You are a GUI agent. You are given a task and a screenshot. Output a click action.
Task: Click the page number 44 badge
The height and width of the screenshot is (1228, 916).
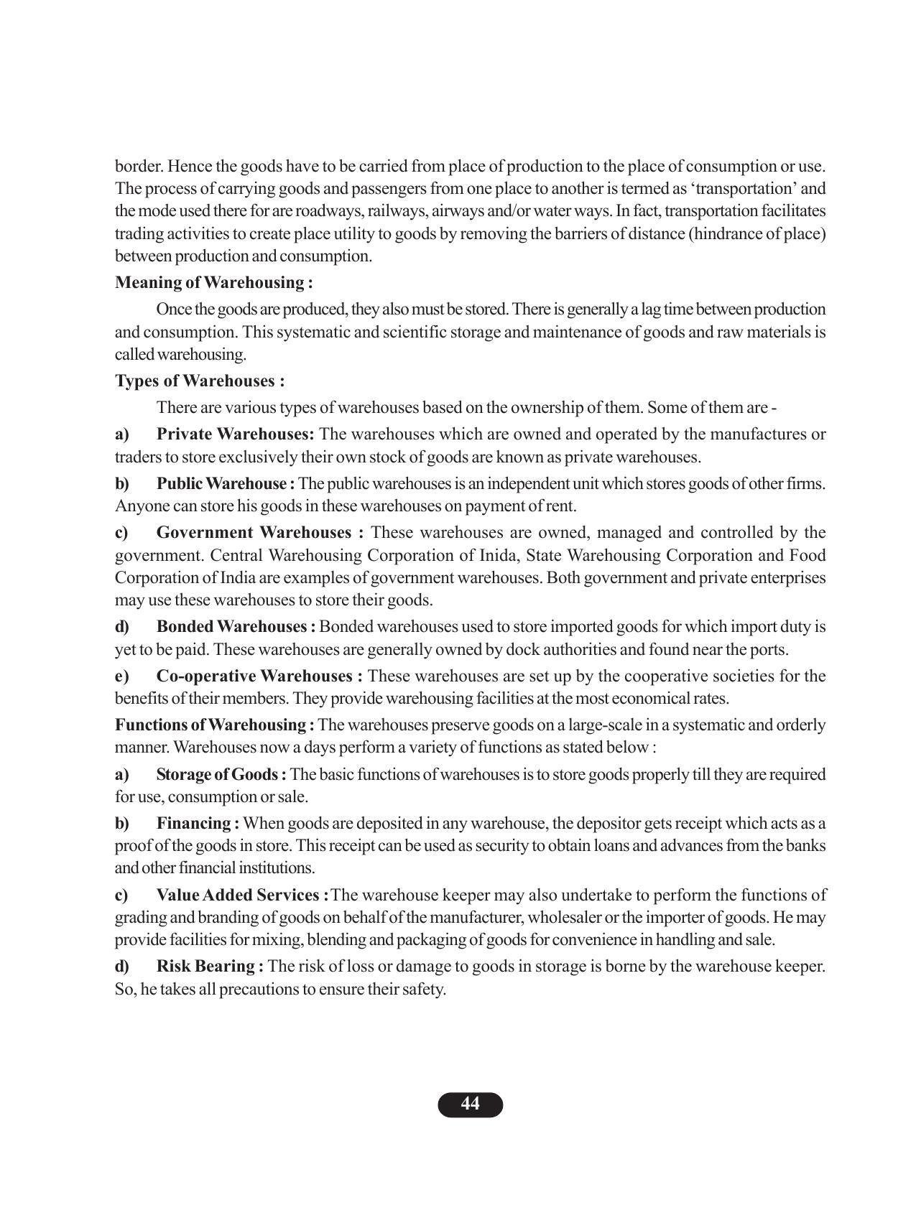coord(470,1104)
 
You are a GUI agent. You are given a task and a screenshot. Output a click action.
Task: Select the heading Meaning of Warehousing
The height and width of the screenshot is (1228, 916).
coord(213,282)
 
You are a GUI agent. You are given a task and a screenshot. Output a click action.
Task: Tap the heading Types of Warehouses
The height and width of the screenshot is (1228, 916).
coord(200,381)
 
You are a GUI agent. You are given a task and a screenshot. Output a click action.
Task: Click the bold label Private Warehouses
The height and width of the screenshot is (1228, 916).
coord(235,434)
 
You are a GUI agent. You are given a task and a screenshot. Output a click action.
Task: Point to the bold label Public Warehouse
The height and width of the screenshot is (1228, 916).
coord(225,483)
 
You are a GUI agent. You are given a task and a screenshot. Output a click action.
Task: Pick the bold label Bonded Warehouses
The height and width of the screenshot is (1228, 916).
coord(236,626)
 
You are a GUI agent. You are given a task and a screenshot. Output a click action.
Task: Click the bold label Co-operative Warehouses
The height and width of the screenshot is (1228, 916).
coord(259,676)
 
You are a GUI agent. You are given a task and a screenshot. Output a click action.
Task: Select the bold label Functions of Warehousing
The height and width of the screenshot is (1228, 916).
coord(214,725)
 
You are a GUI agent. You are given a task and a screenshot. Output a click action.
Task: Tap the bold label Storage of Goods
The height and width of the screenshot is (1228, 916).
coord(221,774)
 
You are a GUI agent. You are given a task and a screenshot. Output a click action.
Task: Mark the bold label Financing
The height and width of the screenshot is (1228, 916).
coord(198,823)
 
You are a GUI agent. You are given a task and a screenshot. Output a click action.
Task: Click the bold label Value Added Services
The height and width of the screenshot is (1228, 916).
coord(242,895)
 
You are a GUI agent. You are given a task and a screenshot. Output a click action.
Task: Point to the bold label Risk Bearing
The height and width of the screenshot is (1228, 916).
coord(210,966)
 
